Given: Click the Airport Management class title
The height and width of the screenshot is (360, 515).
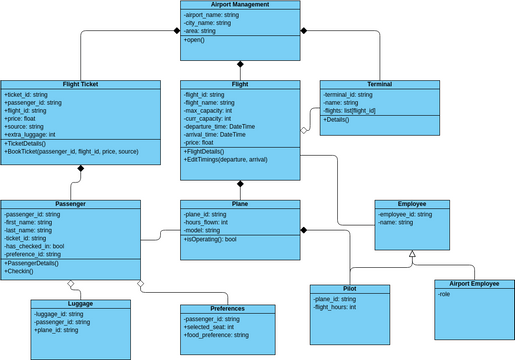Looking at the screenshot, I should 240,5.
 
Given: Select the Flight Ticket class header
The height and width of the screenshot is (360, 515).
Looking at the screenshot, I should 80,85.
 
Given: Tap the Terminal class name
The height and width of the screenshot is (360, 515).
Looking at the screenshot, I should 379,85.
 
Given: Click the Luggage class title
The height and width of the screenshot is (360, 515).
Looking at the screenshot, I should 80,304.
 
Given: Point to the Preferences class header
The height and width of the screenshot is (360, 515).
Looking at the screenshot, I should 227,309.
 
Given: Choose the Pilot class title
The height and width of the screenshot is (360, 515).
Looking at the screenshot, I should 349,289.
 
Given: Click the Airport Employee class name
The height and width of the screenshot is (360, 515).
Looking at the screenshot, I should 473,284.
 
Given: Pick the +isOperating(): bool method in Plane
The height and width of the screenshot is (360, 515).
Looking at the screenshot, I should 210,240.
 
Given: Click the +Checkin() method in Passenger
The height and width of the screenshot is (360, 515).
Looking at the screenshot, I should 19,271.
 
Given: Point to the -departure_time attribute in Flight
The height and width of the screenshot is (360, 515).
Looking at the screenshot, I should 220,127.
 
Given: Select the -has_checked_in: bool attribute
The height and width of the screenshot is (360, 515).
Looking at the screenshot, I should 34,247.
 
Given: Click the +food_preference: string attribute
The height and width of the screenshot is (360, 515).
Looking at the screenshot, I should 215,335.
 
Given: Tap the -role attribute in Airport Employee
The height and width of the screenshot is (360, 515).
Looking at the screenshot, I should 446,295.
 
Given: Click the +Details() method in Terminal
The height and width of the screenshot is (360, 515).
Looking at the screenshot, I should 338,119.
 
